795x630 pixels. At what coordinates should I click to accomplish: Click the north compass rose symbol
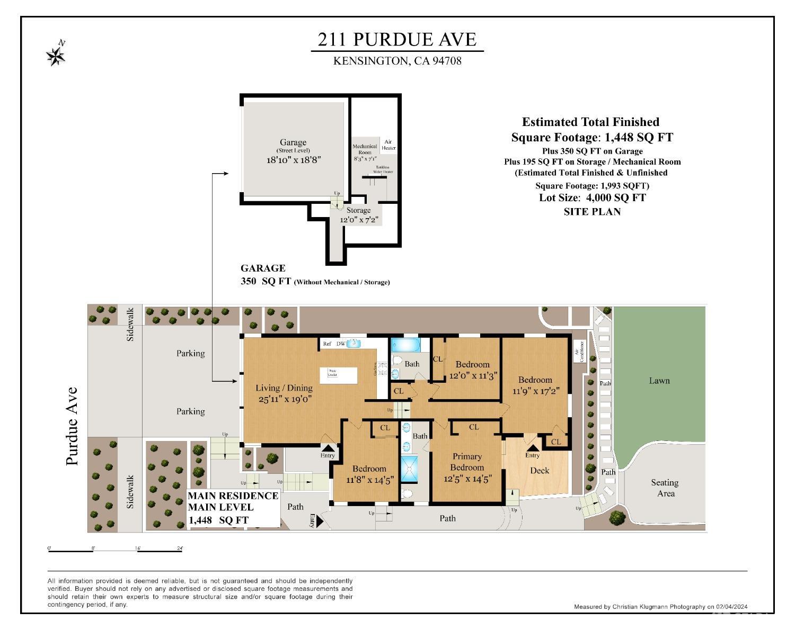pyautogui.click(x=56, y=54)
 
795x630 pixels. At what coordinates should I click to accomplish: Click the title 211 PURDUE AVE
pyautogui.click(x=397, y=39)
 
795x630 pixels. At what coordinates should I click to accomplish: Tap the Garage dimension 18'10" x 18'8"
pyautogui.click(x=293, y=159)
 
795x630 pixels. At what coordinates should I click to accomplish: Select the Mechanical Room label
pyautogui.click(x=365, y=149)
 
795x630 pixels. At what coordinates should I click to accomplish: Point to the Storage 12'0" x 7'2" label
pyautogui.click(x=359, y=215)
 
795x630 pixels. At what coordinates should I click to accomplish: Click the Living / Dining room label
pyautogui.click(x=284, y=393)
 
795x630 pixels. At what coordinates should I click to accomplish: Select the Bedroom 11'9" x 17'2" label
pyautogui.click(x=535, y=385)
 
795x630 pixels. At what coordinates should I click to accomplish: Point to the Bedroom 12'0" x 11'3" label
pyautogui.click(x=472, y=370)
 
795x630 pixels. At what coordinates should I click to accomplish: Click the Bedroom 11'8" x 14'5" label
pyautogui.click(x=369, y=474)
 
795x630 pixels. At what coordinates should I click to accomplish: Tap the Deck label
pyautogui.click(x=540, y=471)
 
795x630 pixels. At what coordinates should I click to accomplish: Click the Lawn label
pyautogui.click(x=659, y=381)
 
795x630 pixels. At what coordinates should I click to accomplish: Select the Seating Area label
pyautogui.click(x=665, y=488)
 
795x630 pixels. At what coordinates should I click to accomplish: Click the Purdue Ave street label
pyautogui.click(x=72, y=426)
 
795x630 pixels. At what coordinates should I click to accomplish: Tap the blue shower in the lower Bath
pyautogui.click(x=409, y=469)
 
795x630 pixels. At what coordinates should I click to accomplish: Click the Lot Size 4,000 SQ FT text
pyautogui.click(x=592, y=197)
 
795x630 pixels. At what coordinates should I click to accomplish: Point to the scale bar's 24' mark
pyautogui.click(x=180, y=548)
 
